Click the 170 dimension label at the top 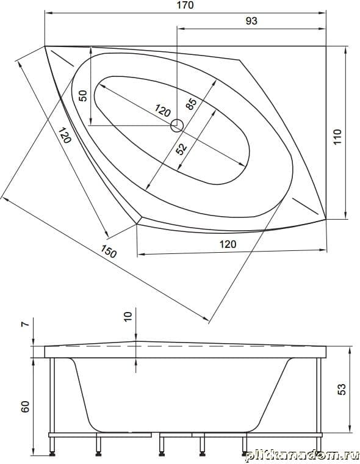[x=186, y=5]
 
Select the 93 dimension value [x=252, y=21]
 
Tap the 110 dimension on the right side [x=337, y=137]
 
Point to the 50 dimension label [x=84, y=96]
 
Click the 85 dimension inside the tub [x=192, y=104]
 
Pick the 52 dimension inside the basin [x=181, y=149]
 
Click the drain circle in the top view [x=177, y=126]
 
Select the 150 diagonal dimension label [x=109, y=252]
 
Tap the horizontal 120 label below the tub [x=228, y=244]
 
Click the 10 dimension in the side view [x=128, y=317]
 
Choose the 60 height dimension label [x=26, y=407]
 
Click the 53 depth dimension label [x=341, y=389]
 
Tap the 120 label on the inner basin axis [x=162, y=111]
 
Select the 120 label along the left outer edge [x=65, y=136]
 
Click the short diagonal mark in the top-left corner [x=63, y=58]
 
